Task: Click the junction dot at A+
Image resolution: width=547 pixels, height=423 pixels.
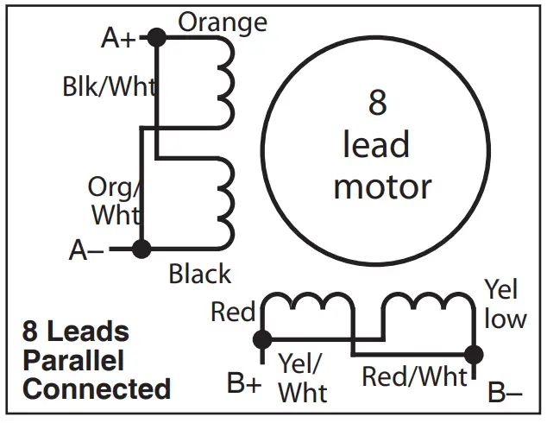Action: click(156, 37)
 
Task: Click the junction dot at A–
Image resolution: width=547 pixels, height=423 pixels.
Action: click(142, 249)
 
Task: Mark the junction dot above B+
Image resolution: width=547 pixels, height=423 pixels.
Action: click(261, 339)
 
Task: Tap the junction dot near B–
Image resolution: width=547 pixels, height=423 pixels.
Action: click(473, 354)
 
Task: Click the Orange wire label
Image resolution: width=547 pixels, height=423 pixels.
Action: click(223, 22)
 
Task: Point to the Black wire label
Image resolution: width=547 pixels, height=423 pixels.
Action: click(199, 275)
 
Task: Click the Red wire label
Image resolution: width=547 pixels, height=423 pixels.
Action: click(232, 312)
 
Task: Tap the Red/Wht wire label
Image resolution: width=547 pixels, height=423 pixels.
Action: click(414, 376)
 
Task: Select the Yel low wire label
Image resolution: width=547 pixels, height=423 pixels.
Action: click(503, 304)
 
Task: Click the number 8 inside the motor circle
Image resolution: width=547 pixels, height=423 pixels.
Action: click(377, 102)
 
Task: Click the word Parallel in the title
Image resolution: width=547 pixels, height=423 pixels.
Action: click(73, 360)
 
